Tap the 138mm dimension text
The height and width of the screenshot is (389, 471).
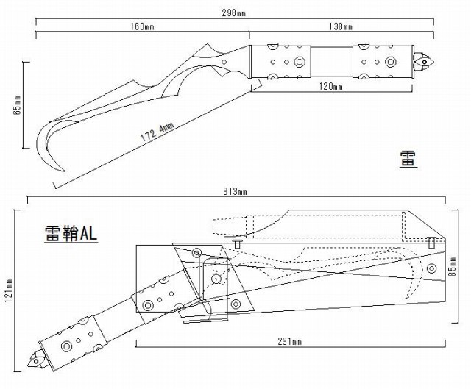pyautogui.click(x=341, y=27)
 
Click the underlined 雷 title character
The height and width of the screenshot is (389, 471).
pyautogui.click(x=408, y=157)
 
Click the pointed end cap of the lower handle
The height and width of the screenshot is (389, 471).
pyautogui.click(x=34, y=362)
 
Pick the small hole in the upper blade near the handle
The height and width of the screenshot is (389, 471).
pyautogui.click(x=223, y=64)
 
